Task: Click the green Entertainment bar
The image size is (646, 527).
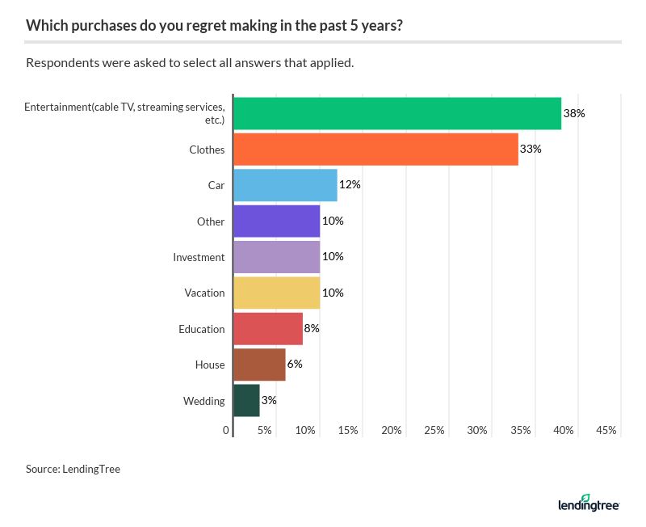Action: [x=396, y=113]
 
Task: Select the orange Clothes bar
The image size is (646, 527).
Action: [x=375, y=150]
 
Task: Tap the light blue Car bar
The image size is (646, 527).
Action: [x=285, y=185]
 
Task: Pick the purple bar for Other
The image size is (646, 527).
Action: [x=276, y=221]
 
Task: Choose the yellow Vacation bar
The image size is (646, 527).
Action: [x=276, y=293]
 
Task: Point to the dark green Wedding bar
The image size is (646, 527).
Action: [x=246, y=400]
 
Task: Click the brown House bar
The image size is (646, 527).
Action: [x=259, y=365]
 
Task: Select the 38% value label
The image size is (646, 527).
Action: [x=573, y=113]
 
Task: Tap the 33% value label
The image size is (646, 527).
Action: [x=531, y=150]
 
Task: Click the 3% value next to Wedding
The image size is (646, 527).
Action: [x=269, y=400]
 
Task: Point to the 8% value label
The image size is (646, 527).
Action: [x=312, y=328]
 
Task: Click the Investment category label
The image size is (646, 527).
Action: [x=199, y=257]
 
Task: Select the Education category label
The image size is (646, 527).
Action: [x=201, y=329]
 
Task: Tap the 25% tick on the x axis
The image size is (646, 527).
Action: [x=434, y=431]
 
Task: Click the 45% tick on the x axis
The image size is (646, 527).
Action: [x=606, y=431]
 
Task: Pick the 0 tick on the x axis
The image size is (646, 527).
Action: [x=226, y=431]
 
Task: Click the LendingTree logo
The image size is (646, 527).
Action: [x=588, y=504]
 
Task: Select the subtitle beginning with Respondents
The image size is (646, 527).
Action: [x=190, y=63]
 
